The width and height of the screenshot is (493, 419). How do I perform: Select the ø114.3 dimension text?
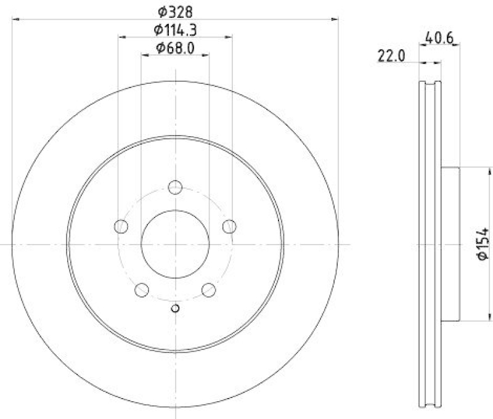(176, 29)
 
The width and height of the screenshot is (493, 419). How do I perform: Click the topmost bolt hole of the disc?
(176, 187)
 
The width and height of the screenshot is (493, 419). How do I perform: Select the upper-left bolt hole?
(121, 227)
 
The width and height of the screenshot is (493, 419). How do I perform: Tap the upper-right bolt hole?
(229, 227)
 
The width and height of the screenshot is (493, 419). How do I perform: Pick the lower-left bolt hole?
(142, 290)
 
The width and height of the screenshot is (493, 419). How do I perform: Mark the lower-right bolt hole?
(209, 290)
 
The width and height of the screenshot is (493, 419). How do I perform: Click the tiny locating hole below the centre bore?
(176, 309)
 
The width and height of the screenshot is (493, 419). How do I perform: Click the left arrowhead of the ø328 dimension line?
(15, 20)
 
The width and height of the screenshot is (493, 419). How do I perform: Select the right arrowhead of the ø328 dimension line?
(335, 20)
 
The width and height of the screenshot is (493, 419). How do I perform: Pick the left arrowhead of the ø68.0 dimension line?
(145, 55)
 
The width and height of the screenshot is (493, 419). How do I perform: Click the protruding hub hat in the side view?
(450, 244)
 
